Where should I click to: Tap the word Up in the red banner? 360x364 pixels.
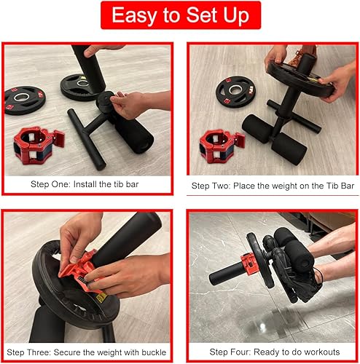[240, 16]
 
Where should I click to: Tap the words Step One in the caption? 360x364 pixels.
[48, 183]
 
